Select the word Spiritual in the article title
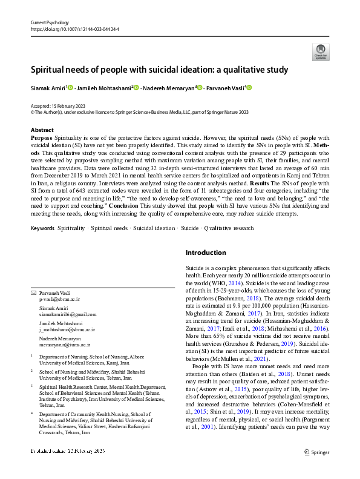[52, 69]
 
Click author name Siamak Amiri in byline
[47, 88]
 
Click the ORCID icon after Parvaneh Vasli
[248, 88]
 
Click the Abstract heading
[42, 130]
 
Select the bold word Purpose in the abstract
[42, 139]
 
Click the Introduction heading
[206, 253]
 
